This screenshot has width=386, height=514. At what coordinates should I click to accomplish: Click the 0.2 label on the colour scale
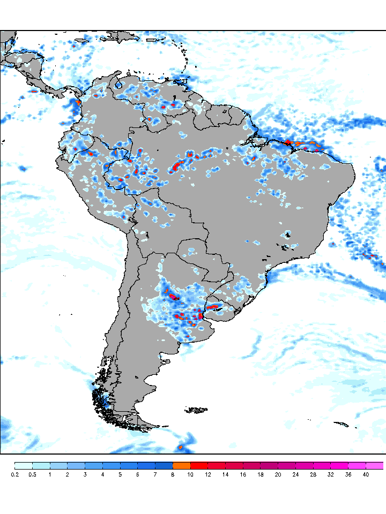tap(14, 474)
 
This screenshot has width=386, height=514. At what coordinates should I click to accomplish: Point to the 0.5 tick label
tap(32, 474)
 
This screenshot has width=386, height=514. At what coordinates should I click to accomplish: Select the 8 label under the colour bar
tap(173, 474)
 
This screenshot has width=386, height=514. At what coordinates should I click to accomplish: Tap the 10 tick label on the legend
tap(190, 474)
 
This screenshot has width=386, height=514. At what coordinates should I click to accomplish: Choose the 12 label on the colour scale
tap(208, 474)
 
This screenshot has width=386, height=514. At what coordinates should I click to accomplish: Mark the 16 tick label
tap(243, 474)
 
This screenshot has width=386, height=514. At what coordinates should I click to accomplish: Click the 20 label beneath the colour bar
tap(278, 474)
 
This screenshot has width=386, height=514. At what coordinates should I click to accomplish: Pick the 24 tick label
tap(295, 474)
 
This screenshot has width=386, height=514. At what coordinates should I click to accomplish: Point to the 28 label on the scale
tap(313, 474)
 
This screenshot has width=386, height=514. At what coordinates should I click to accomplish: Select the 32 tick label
tap(331, 474)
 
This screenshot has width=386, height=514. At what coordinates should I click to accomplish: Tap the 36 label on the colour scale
tap(348, 474)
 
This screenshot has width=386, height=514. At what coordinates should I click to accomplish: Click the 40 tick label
tap(366, 474)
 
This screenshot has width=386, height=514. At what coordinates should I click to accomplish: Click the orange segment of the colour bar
tap(181, 465)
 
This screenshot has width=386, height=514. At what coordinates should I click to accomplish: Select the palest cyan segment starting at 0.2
tap(24, 465)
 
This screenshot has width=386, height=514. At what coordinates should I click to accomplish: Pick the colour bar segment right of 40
tap(375, 465)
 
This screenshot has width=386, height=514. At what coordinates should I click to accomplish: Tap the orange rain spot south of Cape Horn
tap(181, 446)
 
